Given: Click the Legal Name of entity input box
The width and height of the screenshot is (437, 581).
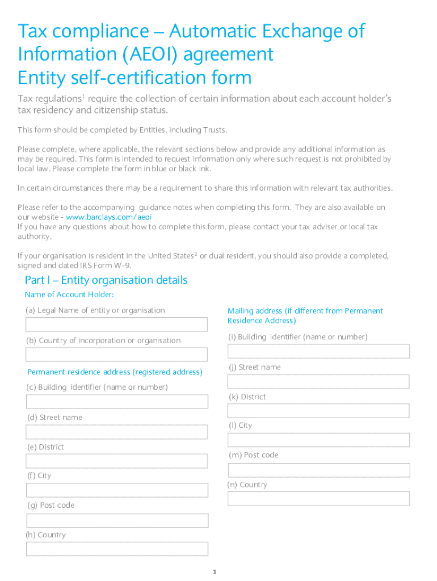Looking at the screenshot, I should (x=117, y=325).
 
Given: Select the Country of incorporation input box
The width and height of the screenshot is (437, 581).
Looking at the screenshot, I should (x=117, y=355).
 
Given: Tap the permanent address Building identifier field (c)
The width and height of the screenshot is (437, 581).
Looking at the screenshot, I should (x=117, y=402).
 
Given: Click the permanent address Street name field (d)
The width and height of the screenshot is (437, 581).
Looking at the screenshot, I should (x=117, y=432).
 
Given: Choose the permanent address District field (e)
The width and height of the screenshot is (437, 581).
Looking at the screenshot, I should (x=117, y=461).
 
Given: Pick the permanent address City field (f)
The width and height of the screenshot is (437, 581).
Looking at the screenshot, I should (x=117, y=490).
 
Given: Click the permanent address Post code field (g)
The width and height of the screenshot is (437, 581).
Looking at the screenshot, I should (x=117, y=520).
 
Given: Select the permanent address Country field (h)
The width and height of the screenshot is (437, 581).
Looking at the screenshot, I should (x=117, y=549).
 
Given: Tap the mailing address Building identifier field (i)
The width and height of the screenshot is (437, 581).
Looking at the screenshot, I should (x=318, y=351).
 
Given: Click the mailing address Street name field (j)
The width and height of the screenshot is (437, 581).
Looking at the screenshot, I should (x=318, y=381).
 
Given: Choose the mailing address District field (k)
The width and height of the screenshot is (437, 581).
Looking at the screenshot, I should (x=318, y=411).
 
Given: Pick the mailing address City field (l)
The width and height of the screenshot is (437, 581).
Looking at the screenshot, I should (x=318, y=440).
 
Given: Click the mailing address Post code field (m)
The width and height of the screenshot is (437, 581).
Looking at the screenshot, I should (x=318, y=470).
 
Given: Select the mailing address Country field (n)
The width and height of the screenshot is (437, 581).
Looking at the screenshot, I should (x=318, y=499).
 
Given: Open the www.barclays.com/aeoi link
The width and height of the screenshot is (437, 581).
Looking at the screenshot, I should (x=109, y=217).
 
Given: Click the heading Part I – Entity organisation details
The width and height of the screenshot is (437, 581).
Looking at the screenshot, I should (x=106, y=280).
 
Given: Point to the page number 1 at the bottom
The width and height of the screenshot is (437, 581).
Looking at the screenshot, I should (x=215, y=572).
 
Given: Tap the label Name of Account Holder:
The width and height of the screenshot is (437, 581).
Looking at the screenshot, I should (x=69, y=294).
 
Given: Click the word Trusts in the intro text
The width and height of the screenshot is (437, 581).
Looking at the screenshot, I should (x=214, y=130).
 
